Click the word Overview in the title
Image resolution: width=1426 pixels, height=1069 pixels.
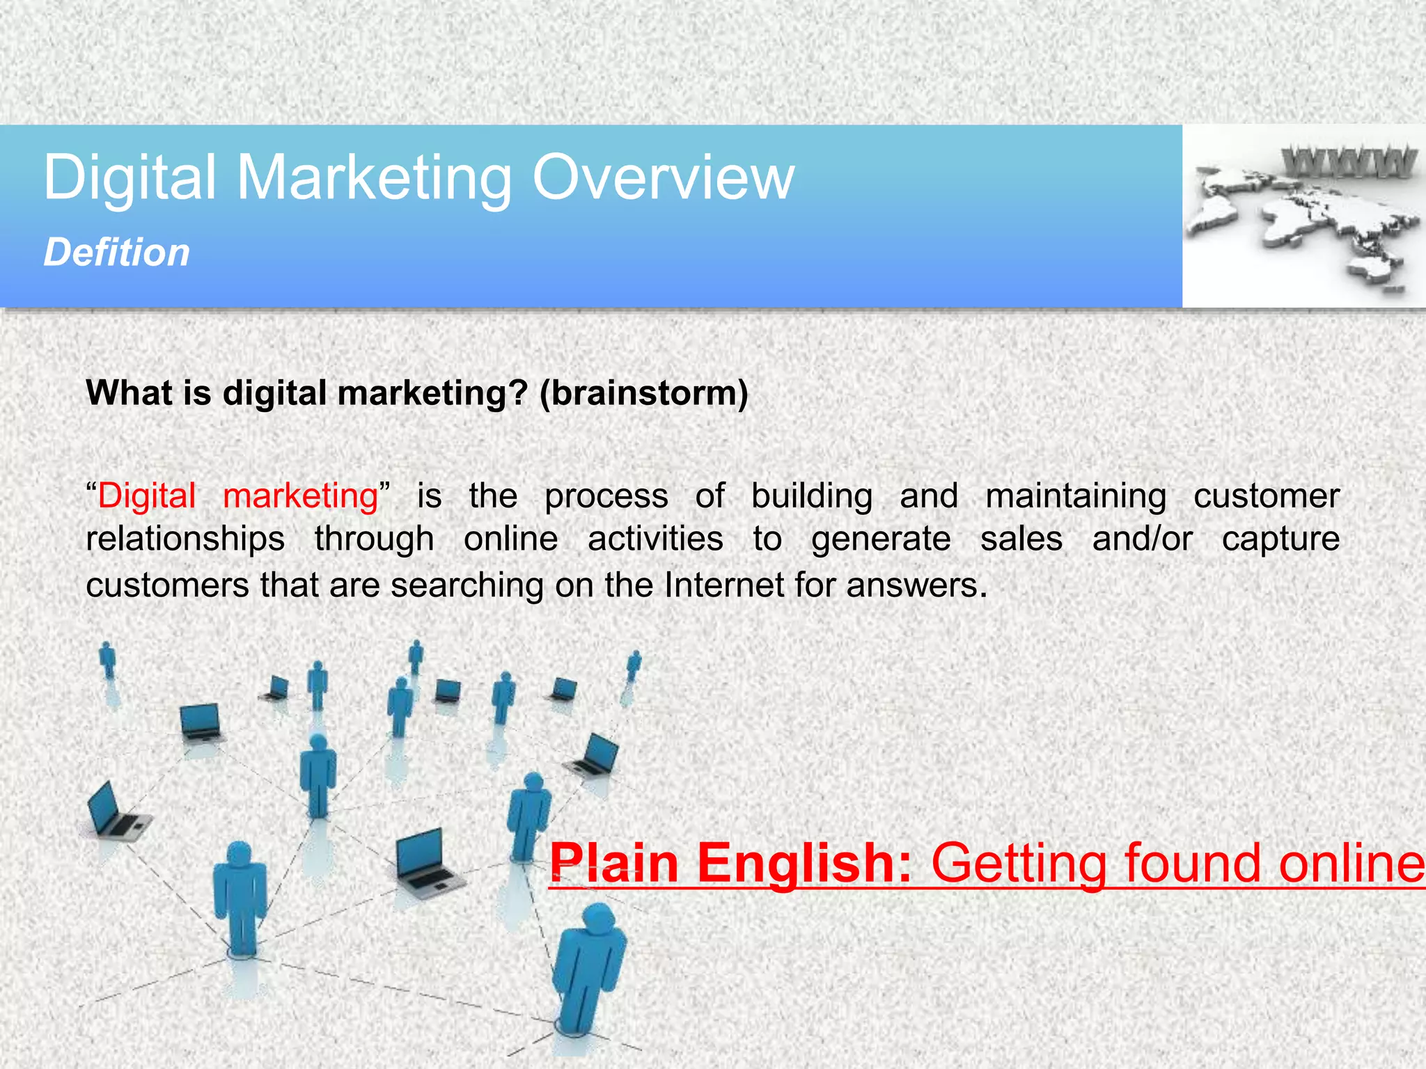pos(663,178)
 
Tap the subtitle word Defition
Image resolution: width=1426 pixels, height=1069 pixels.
pos(116,252)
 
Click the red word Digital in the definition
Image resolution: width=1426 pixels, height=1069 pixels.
pos(147,496)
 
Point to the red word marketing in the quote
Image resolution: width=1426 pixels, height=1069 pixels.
pos(300,496)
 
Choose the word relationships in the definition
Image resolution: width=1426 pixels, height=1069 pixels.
pos(185,539)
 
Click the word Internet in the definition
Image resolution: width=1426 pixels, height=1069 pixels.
pos(724,585)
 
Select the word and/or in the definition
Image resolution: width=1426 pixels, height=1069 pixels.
pos(1142,539)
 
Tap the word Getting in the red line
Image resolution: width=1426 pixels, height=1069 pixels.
pos(1019,864)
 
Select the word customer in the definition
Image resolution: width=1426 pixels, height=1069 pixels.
pos(1267,496)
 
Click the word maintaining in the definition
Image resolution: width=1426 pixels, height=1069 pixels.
pos(1076,496)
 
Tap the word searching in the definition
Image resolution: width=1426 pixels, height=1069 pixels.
pos(467,586)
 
